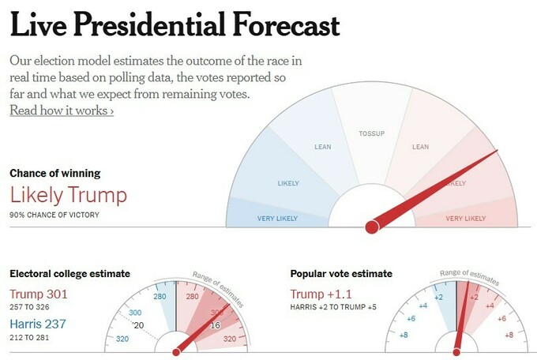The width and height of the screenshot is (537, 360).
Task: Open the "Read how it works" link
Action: coord(62,111)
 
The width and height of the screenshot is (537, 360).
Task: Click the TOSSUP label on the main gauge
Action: coord(371,133)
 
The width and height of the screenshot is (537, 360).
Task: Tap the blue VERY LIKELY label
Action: coord(277,218)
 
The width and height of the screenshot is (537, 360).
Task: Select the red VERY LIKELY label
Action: coord(466,218)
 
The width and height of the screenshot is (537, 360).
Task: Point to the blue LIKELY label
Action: coord(288,184)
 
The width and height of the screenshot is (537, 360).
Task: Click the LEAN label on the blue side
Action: coord(322,147)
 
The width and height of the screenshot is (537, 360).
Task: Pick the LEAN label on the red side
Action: coord(421,147)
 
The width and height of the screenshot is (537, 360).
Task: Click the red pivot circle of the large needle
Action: coord(371,227)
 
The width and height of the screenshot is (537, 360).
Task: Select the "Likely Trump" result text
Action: coord(68,194)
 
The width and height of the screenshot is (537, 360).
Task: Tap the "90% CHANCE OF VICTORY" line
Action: coord(54,215)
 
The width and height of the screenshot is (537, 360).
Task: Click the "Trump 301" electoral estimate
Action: coord(39,294)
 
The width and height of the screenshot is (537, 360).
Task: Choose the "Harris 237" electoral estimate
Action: coord(37,324)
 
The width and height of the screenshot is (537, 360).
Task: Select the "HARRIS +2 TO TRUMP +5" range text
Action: coord(338,308)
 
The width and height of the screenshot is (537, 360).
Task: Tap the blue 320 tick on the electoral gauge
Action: coord(122,339)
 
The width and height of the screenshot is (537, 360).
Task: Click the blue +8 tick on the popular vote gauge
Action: coord(404,336)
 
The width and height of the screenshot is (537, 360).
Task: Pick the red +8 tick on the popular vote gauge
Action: coord(509,336)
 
